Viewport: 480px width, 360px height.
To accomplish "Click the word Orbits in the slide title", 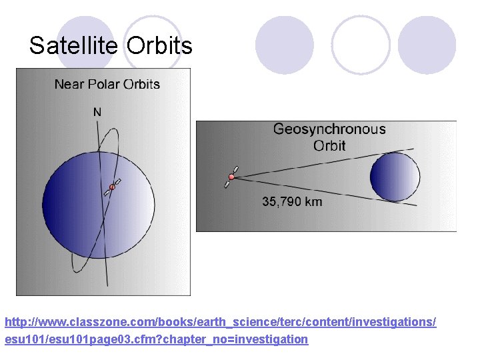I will pyautogui.click(x=159, y=46).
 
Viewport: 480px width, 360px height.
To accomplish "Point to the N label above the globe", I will pyautogui.click(x=97, y=112).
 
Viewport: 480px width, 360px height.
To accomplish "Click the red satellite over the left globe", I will pyautogui.click(x=112, y=187).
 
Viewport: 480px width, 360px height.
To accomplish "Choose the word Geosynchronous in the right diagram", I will pyautogui.click(x=329, y=129).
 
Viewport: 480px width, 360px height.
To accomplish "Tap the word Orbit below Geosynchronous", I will pyautogui.click(x=329, y=145).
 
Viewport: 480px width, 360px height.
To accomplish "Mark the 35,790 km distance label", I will pyautogui.click(x=292, y=201).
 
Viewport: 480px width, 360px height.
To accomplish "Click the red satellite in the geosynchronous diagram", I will pyautogui.click(x=231, y=177).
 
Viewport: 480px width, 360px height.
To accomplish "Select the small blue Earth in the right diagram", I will pyautogui.click(x=395, y=177).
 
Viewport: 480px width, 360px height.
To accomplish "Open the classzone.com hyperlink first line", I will pyautogui.click(x=220, y=322).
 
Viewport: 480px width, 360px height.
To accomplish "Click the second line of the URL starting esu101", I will pyautogui.click(x=157, y=339).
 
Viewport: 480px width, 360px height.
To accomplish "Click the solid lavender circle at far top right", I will pyautogui.click(x=427, y=45).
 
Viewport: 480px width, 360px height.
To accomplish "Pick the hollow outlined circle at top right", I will pyautogui.click(x=361, y=45).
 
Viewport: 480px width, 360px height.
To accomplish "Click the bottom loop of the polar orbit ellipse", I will pyautogui.click(x=83, y=267).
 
